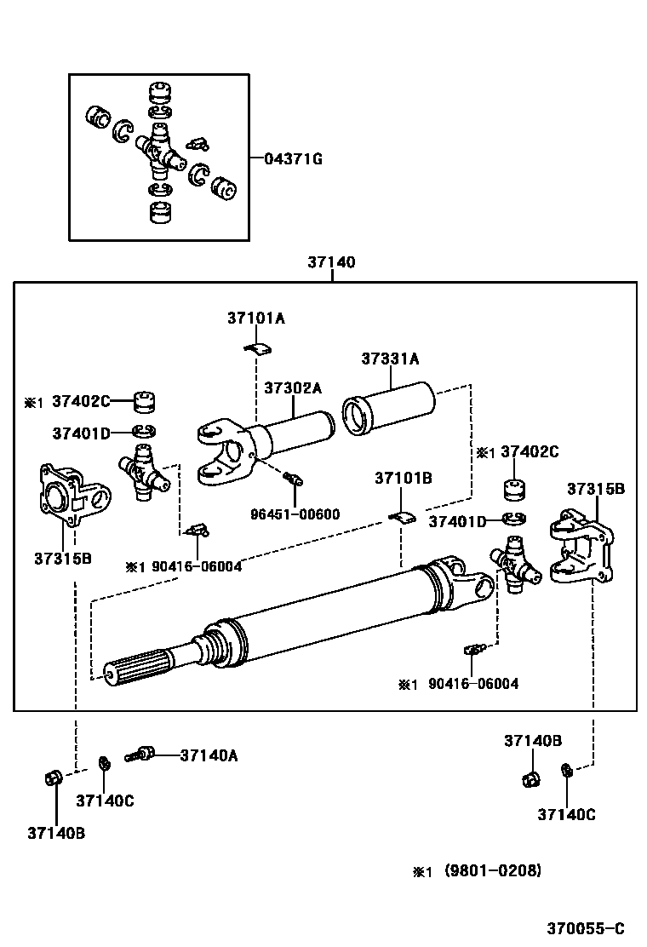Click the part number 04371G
click(294, 159)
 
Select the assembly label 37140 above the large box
click(331, 262)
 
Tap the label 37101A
click(256, 318)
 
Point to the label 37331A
click(390, 359)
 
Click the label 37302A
click(293, 388)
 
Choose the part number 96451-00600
click(295, 514)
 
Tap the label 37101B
click(404, 479)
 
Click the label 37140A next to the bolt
click(209, 755)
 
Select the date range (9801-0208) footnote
click(493, 870)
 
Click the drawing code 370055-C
click(586, 928)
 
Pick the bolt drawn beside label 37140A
click(140, 755)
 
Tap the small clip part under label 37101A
click(258, 347)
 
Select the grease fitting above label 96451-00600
click(293, 479)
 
